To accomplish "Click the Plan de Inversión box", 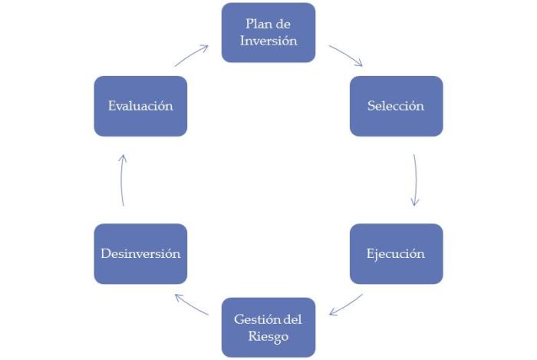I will (x=268, y=32).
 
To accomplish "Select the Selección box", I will (x=396, y=106).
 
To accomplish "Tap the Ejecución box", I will (x=396, y=253).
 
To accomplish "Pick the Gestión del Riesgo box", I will (x=268, y=327).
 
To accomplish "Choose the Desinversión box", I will (x=140, y=253).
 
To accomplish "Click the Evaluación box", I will (x=140, y=106).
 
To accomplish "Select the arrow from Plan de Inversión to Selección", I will (x=346, y=55).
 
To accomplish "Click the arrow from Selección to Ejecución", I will (x=415, y=180).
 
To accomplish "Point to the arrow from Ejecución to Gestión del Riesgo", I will (x=345, y=304).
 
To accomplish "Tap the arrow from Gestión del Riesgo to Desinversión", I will (x=191, y=304).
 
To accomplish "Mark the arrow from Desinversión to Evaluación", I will (x=122, y=180).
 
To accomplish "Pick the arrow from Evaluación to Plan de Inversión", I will (x=191, y=55).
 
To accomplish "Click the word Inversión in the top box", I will (x=268, y=41).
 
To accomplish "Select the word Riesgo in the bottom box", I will (x=268, y=335).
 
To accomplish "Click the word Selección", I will (x=396, y=106).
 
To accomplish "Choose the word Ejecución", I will (x=396, y=253).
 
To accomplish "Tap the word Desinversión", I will (x=140, y=253).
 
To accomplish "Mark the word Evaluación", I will (x=140, y=106).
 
